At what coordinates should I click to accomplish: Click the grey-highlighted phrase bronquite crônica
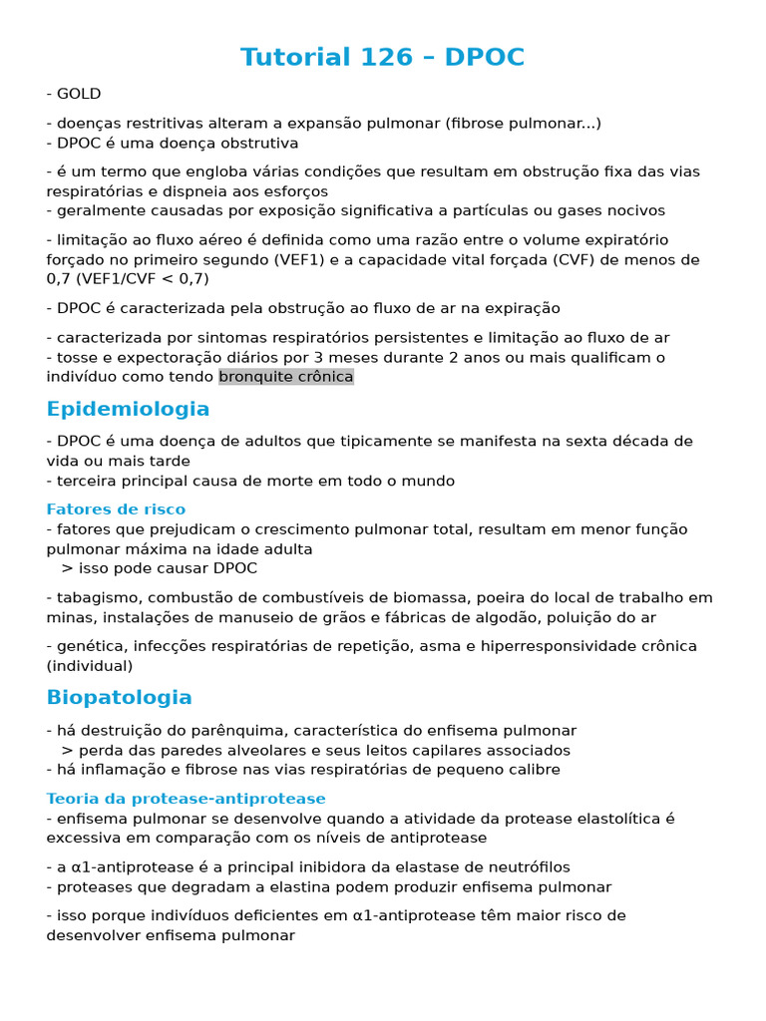tap(286, 377)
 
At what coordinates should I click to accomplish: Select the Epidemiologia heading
tap(128, 409)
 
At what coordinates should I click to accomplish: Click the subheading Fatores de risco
tap(116, 510)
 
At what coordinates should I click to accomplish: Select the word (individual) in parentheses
tap(89, 666)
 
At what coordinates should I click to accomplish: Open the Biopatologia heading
tap(119, 697)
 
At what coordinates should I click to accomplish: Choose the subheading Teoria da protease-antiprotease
tap(186, 799)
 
